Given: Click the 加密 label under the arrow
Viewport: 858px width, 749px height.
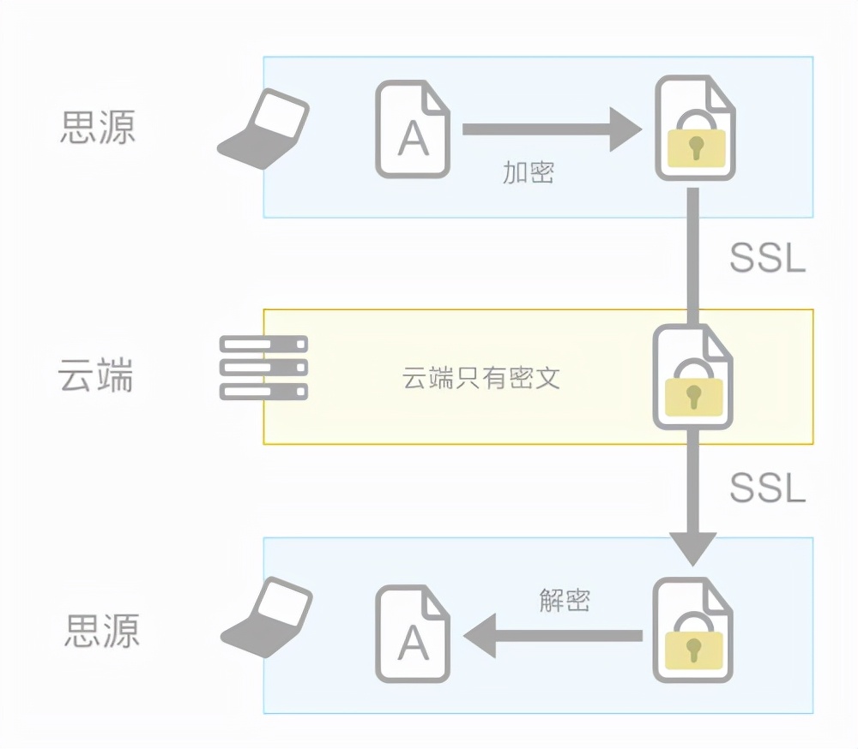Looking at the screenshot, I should [528, 172].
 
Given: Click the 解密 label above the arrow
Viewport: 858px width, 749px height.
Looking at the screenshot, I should [565, 599].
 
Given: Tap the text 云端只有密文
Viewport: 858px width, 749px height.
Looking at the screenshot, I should [480, 378].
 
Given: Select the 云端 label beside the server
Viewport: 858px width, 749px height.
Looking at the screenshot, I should [96, 375].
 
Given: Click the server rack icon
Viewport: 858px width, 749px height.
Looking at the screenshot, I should [263, 368].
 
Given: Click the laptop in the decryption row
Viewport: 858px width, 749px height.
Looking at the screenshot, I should [267, 618].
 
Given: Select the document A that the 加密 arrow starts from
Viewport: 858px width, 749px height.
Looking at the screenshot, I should [413, 129].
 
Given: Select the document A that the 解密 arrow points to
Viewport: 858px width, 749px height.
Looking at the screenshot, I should [413, 634].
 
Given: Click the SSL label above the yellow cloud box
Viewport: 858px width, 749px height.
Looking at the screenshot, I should [767, 257].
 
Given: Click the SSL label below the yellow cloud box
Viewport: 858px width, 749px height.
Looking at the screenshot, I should [767, 488].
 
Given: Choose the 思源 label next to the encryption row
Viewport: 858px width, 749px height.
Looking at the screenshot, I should [98, 127].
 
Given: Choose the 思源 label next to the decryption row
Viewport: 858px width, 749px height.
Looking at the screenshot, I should [101, 631].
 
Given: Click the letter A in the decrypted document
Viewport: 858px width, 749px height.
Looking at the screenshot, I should [414, 642].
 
